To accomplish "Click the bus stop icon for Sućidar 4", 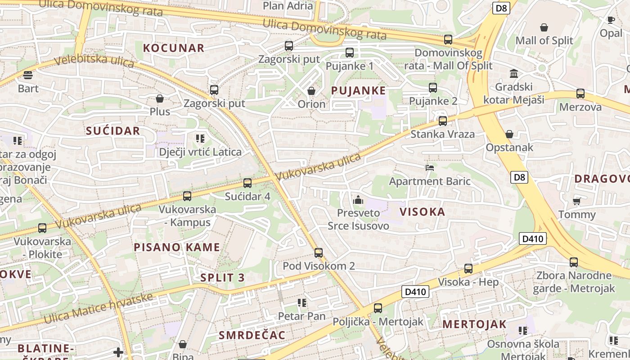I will (247, 183).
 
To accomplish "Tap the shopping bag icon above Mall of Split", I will (544, 27).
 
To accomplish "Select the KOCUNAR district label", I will (174, 48).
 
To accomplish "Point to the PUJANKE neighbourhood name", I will (358, 90).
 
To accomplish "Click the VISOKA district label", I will (422, 212).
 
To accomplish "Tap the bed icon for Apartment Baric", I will (430, 168).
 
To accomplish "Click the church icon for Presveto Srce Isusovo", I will (358, 199).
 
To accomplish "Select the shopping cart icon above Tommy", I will (576, 201).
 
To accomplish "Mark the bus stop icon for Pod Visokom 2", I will (319, 252).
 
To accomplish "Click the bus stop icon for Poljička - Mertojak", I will (378, 308).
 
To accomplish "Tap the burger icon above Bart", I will (28, 75).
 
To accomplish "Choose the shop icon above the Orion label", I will (311, 91).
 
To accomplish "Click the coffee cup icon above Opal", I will (611, 20).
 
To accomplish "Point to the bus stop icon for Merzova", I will (580, 94).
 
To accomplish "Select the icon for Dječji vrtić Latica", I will (200, 139).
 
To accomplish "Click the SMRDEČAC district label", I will (252, 335).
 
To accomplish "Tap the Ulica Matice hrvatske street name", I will (99, 308).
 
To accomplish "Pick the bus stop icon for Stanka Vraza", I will (443, 121).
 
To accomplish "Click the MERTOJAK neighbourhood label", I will (474, 324).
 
